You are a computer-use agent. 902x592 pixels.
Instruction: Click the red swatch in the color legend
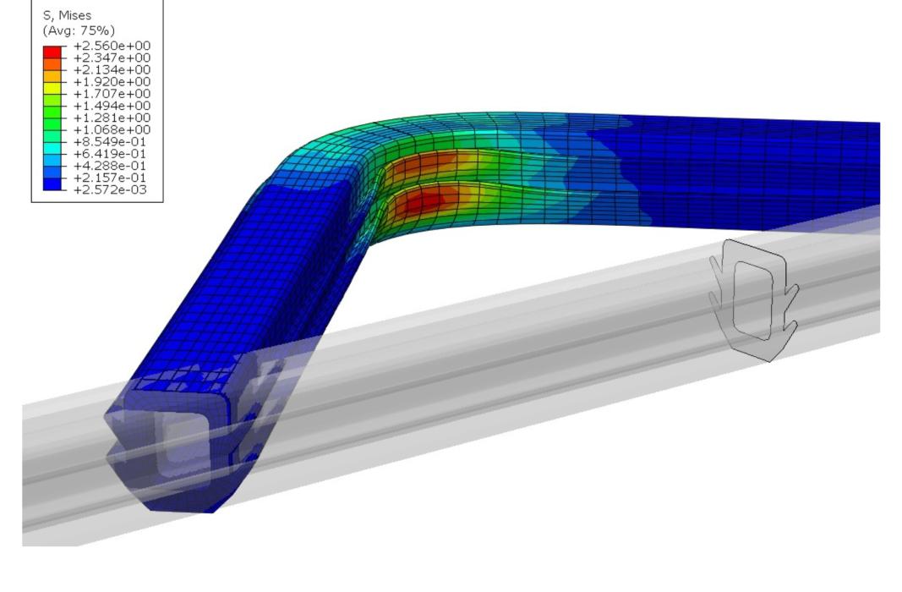[x=52, y=52]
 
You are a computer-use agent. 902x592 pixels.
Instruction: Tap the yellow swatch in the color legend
[x=52, y=88]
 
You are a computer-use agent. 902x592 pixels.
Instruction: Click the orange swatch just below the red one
[x=52, y=63]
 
